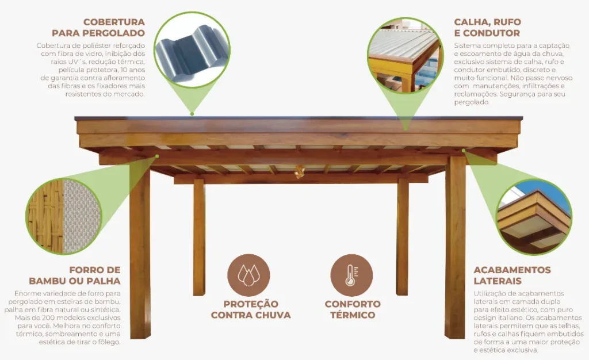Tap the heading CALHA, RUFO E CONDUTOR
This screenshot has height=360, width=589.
(487, 28)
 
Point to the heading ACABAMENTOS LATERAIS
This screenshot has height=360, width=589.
(511, 275)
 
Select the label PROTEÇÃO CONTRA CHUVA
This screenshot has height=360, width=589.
(251, 309)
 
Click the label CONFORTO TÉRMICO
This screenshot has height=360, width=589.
(353, 309)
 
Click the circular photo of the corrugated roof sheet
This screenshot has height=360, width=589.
(192, 49)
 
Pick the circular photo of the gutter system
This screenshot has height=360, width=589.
(405, 55)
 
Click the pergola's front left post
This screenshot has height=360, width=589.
(140, 253)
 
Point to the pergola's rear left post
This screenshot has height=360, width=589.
(199, 236)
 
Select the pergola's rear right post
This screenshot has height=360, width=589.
(402, 236)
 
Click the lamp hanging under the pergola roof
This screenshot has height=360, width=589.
(299, 171)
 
